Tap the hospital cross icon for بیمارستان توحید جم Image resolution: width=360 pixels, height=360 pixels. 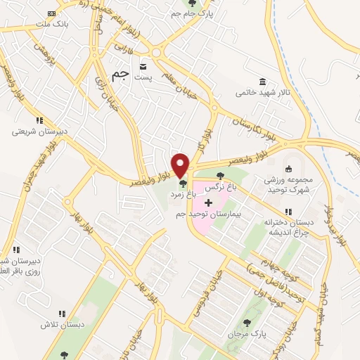click(x=208, y=202)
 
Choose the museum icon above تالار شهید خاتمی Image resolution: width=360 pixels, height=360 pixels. click(x=262, y=81)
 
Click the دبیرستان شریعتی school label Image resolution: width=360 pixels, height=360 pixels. click(x=40, y=131)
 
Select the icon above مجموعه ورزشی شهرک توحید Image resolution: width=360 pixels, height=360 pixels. click(x=288, y=169)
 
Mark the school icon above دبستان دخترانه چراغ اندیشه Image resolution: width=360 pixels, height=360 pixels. click(x=288, y=212)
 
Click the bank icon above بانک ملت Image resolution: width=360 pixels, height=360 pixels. click(x=50, y=14)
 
